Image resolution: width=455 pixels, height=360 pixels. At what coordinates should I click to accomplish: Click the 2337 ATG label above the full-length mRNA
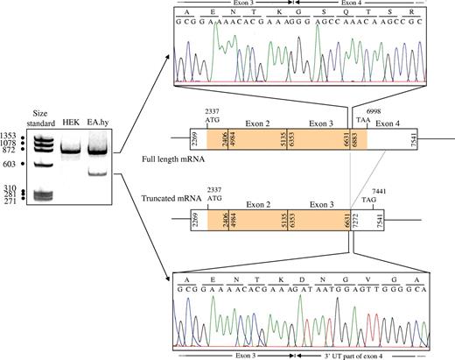(x=213, y=116)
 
